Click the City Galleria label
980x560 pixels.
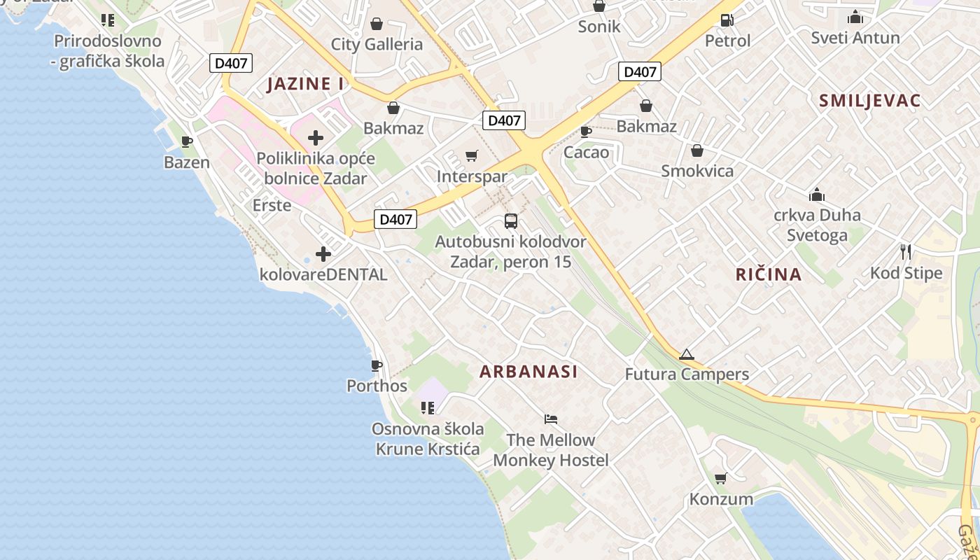click(x=377, y=45)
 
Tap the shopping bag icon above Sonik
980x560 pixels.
click(x=599, y=6)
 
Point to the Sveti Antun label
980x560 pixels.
click(x=855, y=38)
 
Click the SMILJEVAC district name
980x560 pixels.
click(x=869, y=101)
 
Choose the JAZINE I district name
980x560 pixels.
click(x=306, y=84)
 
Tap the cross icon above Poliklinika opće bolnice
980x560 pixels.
click(x=316, y=138)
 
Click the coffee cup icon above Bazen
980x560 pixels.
click(x=187, y=142)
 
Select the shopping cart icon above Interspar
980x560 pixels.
click(x=472, y=155)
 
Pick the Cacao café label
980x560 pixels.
click(x=586, y=153)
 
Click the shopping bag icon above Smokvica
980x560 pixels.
click(x=697, y=150)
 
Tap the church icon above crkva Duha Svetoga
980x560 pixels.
click(x=816, y=195)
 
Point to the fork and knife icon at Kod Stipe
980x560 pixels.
click(x=906, y=252)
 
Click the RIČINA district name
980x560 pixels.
click(x=769, y=274)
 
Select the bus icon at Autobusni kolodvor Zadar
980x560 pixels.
click(x=511, y=221)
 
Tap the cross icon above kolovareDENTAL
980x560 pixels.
click(x=323, y=254)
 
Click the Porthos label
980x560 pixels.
click(x=377, y=386)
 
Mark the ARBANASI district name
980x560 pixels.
click(x=528, y=372)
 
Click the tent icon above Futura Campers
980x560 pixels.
click(x=686, y=354)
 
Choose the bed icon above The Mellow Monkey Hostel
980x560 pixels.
click(x=551, y=419)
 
